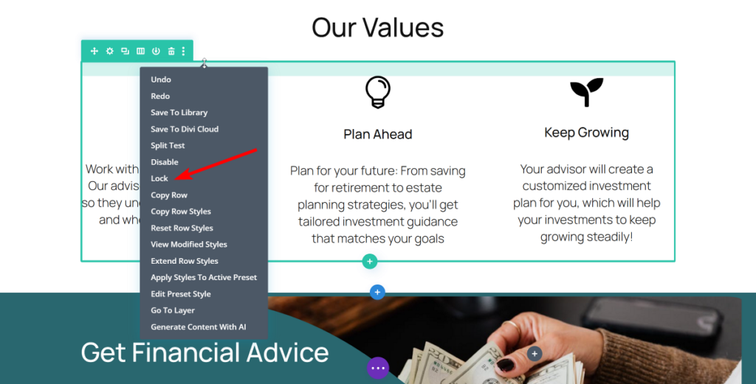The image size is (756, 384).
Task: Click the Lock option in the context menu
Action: [x=159, y=178]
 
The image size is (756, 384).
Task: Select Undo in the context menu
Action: [x=161, y=80]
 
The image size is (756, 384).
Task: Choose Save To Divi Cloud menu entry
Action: [x=185, y=129]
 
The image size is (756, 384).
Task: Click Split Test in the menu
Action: [x=168, y=146]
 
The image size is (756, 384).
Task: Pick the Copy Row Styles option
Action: [x=181, y=212]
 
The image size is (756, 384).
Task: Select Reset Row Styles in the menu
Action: [x=182, y=228]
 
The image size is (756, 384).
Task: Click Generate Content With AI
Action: [x=198, y=327]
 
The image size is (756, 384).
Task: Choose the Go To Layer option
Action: [x=173, y=310]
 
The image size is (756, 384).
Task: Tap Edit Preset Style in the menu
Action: [x=181, y=294]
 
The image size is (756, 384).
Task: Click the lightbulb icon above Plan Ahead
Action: [x=378, y=92]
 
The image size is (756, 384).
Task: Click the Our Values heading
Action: [x=377, y=27]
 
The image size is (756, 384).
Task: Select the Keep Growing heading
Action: [x=586, y=133]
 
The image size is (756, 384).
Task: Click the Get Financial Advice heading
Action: [x=205, y=352]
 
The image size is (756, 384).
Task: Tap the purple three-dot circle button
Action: [x=378, y=368]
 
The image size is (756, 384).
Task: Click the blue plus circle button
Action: [x=377, y=293]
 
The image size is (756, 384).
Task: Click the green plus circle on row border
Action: [x=370, y=262]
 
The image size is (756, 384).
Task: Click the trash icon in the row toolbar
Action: [x=171, y=51]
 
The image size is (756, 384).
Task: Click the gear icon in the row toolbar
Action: [x=109, y=51]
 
